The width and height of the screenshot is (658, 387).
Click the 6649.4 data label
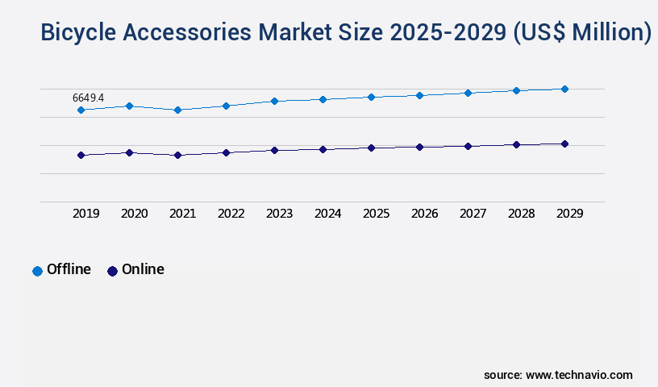(88, 98)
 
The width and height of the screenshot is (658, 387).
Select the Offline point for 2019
(81, 110)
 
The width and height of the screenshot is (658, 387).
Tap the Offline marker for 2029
(564, 89)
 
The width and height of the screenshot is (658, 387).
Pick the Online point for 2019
(81, 155)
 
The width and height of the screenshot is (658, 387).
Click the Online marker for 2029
(564, 144)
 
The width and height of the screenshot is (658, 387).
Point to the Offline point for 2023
(274, 101)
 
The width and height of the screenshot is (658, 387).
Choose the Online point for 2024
(323, 149)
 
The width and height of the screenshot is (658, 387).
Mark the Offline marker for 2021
(177, 110)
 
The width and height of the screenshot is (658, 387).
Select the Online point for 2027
(468, 146)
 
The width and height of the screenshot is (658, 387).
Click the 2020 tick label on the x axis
(134, 214)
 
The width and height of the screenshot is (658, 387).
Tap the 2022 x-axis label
(231, 214)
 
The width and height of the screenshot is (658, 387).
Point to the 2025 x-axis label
(376, 214)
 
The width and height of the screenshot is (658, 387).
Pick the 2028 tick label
(521, 214)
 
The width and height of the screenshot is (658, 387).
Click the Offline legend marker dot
(37, 271)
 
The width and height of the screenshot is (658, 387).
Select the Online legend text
(143, 269)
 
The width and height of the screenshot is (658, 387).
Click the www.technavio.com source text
(579, 375)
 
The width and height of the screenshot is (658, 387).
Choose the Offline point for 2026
(419, 95)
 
